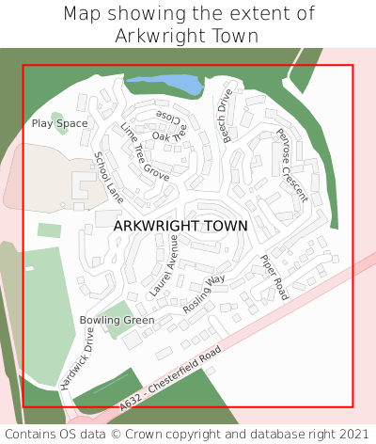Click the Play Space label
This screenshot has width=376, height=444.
tap(59, 123)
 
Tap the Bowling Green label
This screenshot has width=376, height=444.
tap(117, 320)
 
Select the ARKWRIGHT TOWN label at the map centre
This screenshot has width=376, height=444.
tap(180, 226)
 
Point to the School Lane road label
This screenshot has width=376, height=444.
tap(109, 177)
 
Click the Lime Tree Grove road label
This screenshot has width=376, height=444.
tap(145, 151)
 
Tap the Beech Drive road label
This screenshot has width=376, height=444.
tap(227, 116)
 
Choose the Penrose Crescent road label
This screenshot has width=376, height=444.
tap(291, 166)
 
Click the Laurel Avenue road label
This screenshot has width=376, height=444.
tap(163, 266)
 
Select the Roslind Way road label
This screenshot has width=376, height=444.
tap(204, 293)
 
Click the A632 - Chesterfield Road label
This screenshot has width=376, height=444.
tap(171, 378)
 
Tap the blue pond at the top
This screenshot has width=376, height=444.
tap(164, 87)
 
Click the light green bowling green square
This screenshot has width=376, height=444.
tap(116, 320)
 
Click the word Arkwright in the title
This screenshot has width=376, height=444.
tap(155, 36)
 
